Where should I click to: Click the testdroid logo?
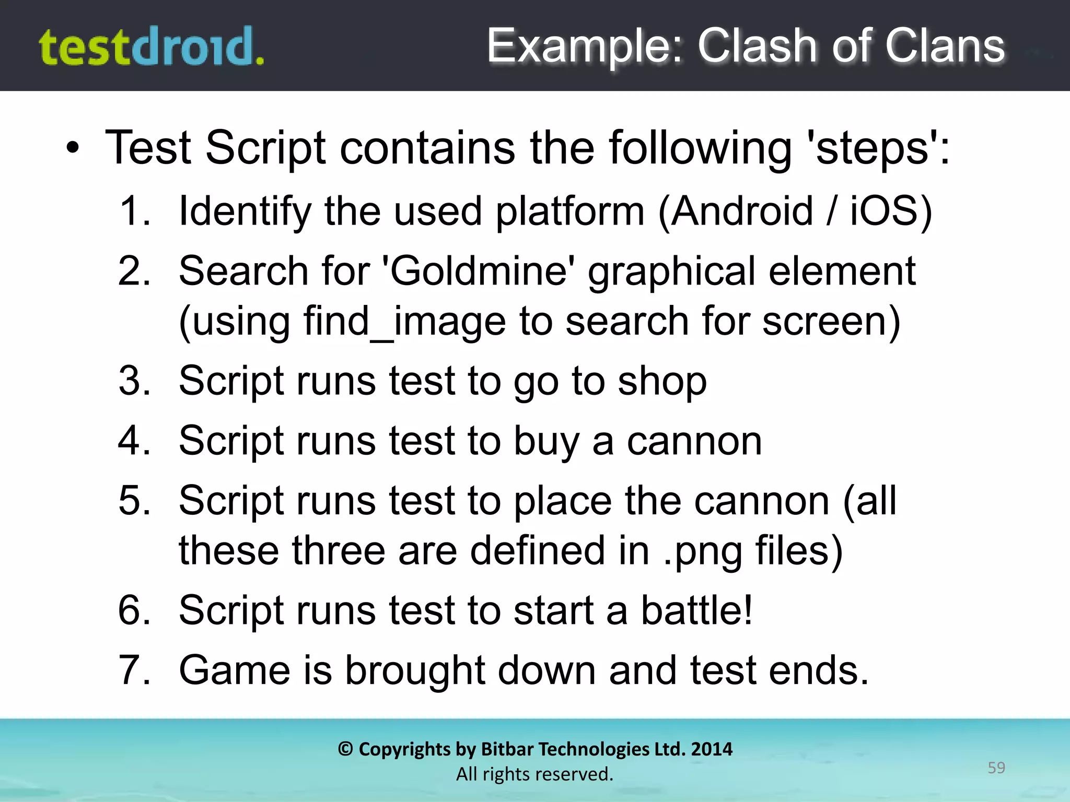click(x=152, y=47)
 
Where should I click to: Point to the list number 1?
click(x=134, y=211)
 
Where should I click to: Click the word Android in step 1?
click(x=742, y=211)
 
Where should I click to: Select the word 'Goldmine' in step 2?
click(x=478, y=272)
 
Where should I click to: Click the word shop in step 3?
click(x=662, y=381)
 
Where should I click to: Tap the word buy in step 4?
click(x=546, y=442)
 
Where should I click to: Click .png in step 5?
click(x=703, y=551)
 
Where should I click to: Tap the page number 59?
click(x=996, y=768)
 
